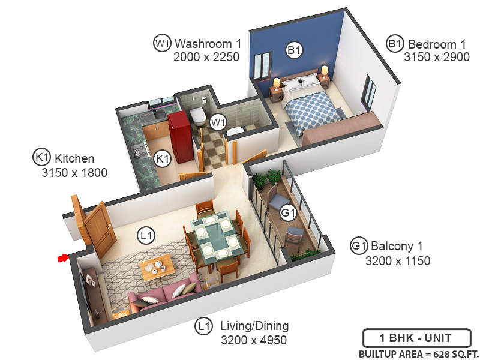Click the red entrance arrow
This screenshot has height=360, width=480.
[62, 258]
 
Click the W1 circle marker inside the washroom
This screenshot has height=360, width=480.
[218, 123]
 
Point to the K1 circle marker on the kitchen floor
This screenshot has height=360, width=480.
[162, 159]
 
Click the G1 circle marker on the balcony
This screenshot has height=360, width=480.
[289, 213]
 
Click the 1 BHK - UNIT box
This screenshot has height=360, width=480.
[416, 338]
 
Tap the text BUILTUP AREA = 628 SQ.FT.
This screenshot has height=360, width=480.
[416, 353]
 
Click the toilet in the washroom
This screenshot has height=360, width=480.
[197, 114]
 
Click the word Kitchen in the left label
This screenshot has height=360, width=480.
[74, 158]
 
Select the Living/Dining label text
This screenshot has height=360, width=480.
[254, 326]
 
